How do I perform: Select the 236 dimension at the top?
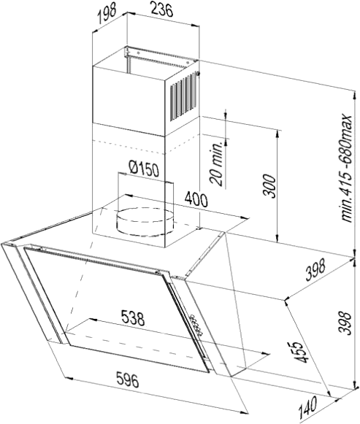click(161, 10)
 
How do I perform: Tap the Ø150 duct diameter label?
click(144, 169)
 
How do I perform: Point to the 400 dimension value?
click(196, 199)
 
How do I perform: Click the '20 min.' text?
click(218, 163)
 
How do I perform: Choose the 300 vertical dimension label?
click(269, 186)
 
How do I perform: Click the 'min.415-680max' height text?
click(346, 167)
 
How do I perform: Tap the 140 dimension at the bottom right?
click(308, 406)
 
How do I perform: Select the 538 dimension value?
click(132, 318)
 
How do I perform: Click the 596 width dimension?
click(127, 379)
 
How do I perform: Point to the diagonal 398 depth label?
click(315, 269)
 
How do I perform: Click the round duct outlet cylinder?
click(145, 221)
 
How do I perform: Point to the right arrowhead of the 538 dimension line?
click(266, 353)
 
